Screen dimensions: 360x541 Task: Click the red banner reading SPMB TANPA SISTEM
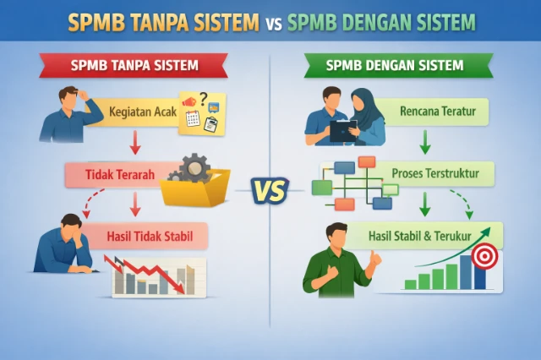(135, 65)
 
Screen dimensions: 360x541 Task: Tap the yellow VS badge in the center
(270, 190)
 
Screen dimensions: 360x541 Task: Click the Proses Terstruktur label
(435, 174)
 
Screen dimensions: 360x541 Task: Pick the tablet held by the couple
(342, 129)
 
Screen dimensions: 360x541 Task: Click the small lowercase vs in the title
(272, 23)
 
